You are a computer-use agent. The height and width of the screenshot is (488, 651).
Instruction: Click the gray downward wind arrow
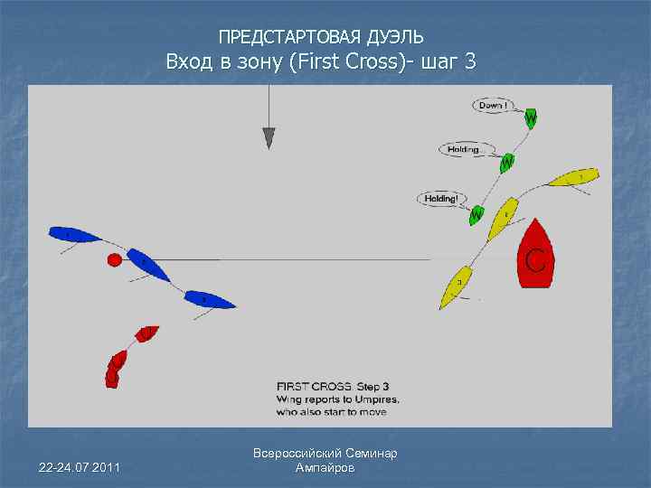coord(269,136)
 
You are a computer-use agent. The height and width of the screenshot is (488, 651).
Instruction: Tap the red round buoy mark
coord(115,260)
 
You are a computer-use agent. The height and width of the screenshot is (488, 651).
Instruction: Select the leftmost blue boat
coord(74,235)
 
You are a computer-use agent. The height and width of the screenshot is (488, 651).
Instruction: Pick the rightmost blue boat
coord(210,299)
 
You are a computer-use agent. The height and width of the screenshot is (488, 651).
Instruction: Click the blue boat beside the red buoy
coord(148,265)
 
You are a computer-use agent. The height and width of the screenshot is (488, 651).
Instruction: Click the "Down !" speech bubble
coord(493,106)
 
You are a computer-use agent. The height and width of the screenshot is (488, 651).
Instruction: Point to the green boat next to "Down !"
coord(530,118)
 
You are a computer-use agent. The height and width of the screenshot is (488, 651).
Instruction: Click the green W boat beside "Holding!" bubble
coord(476,214)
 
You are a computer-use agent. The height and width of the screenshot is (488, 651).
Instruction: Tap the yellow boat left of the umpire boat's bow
coord(503,217)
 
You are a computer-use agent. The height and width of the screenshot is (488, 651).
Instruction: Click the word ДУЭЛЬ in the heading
coord(395,38)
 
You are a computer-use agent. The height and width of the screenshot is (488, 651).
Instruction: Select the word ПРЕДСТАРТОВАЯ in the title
coord(290,38)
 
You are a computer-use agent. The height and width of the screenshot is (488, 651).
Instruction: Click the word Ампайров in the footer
coord(325,468)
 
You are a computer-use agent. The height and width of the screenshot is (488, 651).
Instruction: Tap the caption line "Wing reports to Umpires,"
coord(338,398)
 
